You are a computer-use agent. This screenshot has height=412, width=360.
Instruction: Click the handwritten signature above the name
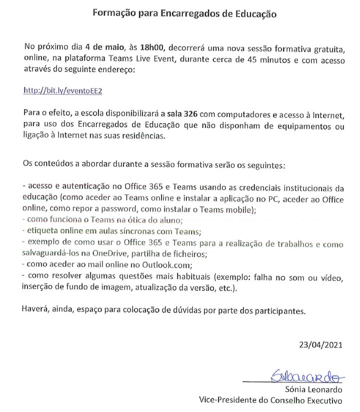tap(305, 374)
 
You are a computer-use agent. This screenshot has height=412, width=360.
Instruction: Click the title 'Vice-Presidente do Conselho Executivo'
tap(270, 400)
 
